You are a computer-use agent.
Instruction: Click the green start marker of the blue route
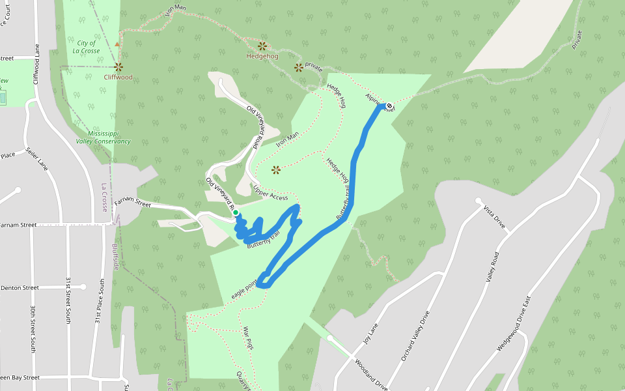click(235, 212)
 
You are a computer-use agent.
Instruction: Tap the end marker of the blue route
click(389, 106)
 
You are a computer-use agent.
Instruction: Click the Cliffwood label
click(118, 77)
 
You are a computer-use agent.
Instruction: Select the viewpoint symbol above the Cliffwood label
click(118, 66)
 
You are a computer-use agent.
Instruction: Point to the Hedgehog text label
click(262, 56)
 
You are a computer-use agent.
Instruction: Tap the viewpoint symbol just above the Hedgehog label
click(262, 46)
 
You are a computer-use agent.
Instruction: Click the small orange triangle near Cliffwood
click(117, 44)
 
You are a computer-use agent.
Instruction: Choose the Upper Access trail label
click(270, 192)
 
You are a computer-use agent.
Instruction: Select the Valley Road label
click(491, 266)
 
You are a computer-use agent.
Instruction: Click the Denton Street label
click(20, 287)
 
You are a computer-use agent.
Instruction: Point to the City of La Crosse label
click(85, 46)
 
